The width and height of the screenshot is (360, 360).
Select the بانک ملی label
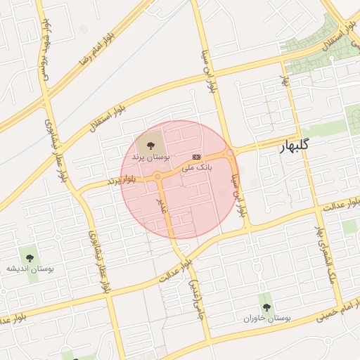[196, 167]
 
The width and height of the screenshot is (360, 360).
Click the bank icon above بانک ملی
[197, 156]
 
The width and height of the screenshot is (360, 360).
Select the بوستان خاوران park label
[266, 319]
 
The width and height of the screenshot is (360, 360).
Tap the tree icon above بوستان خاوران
[266, 306]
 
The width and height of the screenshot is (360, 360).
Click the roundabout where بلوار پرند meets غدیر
[157, 177]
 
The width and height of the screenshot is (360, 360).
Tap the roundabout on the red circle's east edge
[230, 153]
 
